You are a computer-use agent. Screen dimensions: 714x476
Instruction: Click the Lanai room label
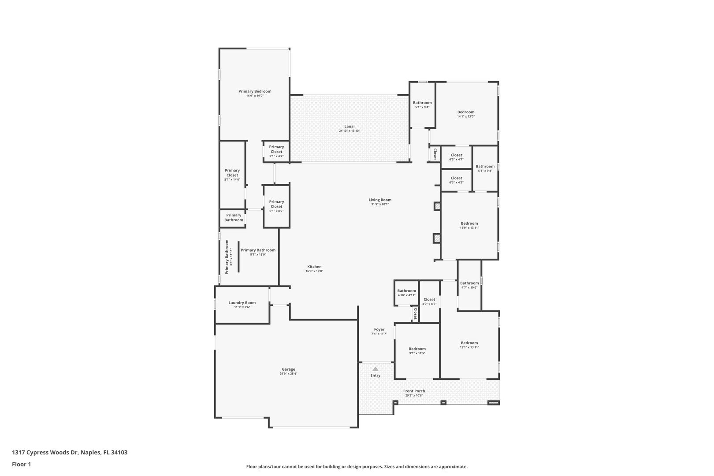[x=350, y=126]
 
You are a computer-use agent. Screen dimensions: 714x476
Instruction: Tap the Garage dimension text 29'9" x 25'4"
[x=289, y=374]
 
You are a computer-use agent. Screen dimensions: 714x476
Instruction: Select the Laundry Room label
[x=242, y=302]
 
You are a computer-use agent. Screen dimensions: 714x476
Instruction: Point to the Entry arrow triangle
[x=376, y=369]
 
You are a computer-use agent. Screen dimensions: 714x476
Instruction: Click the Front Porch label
[x=414, y=391]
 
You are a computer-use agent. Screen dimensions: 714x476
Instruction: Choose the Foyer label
[x=379, y=329]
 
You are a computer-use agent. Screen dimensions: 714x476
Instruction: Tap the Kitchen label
[x=314, y=267]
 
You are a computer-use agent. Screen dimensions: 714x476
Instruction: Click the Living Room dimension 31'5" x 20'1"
[x=380, y=205]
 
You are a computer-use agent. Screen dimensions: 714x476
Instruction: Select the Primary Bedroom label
[x=255, y=91]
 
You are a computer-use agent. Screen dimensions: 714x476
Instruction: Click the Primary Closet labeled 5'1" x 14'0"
[x=232, y=175]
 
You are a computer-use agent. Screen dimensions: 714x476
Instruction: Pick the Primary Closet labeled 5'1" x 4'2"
[x=276, y=152]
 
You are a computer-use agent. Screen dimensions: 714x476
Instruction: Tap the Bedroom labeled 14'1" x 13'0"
[x=466, y=114]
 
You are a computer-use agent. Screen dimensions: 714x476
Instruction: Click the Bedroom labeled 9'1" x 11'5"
[x=417, y=351]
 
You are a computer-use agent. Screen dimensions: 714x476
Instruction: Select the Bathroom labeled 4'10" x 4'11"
[x=406, y=293]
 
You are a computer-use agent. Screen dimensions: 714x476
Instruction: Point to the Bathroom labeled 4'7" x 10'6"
[x=469, y=285]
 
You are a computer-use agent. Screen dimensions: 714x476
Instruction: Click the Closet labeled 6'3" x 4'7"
[x=457, y=157]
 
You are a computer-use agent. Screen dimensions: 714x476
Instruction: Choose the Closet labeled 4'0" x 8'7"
[x=429, y=301]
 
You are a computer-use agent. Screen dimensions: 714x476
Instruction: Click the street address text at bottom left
[x=70, y=452]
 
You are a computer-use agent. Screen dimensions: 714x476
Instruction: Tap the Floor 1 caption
[x=21, y=464]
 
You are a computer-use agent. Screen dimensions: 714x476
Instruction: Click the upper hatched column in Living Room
[x=437, y=206]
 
